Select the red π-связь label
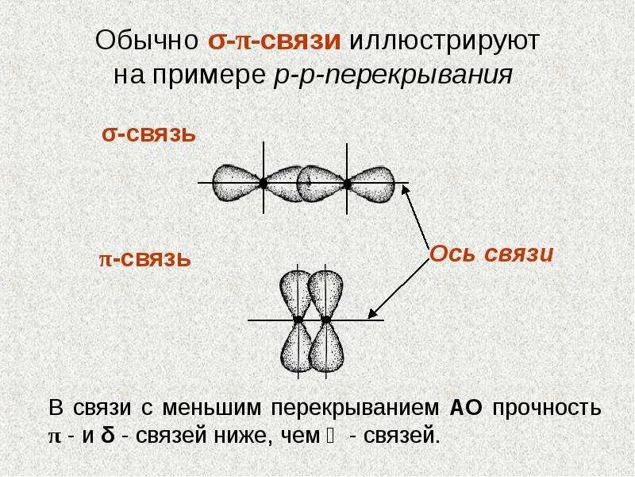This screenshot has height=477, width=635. click(144, 259)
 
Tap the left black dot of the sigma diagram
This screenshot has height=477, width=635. click(263, 184)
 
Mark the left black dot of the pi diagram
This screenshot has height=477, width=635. click(298, 320)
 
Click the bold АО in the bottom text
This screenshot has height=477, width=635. click(462, 409)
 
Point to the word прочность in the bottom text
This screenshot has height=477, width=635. click(546, 409)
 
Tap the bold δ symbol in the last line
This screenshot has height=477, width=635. click(106, 435)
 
